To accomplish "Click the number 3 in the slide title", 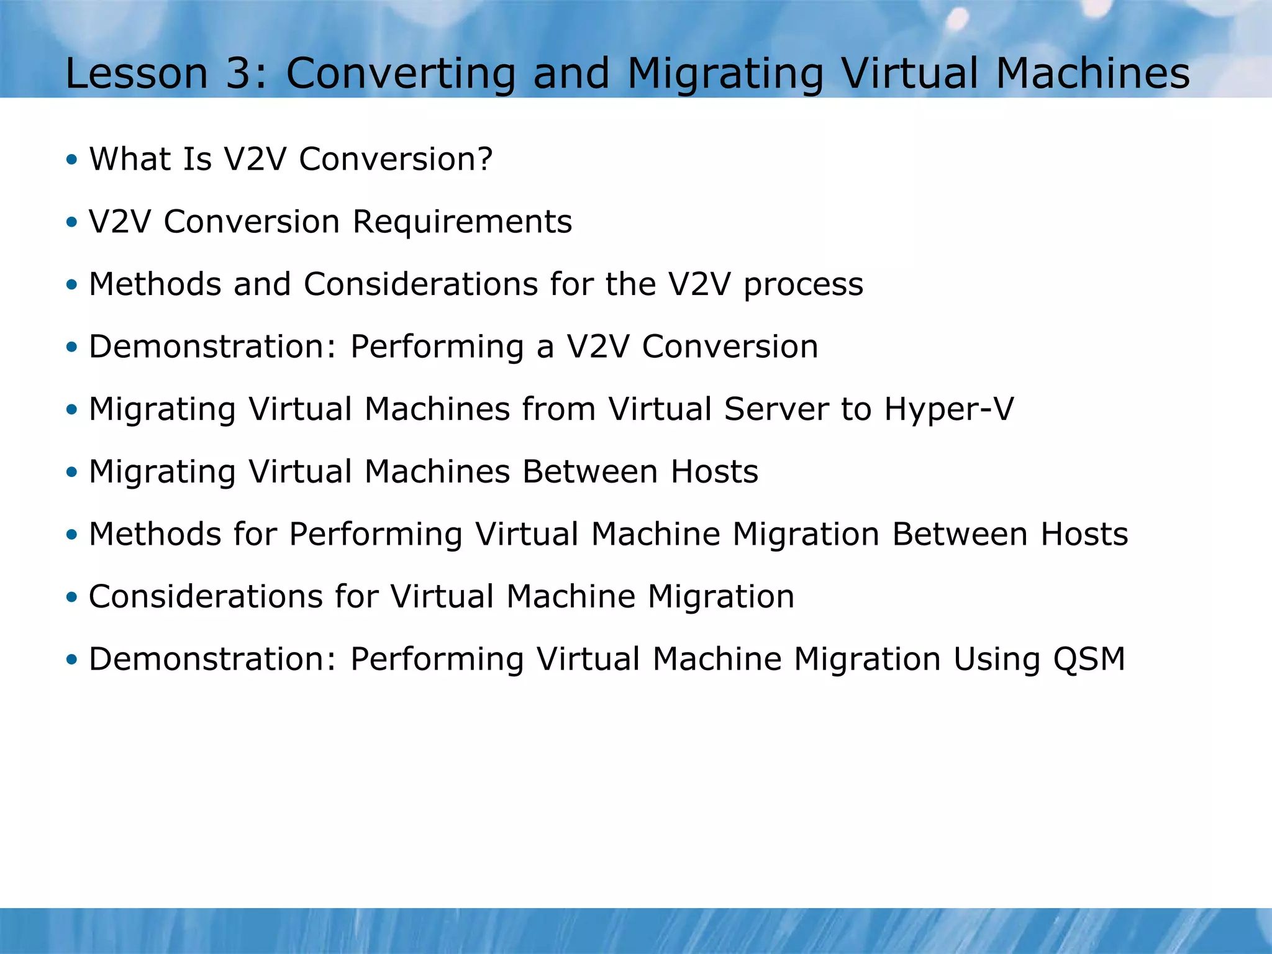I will tap(237, 73).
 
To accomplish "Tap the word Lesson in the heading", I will tap(136, 73).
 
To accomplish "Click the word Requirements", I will tap(462, 222).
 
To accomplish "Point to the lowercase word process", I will tap(803, 286).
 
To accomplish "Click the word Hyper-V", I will tap(948, 410).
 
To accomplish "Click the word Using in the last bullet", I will tap(996, 660).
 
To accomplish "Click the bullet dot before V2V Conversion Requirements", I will tap(72, 222).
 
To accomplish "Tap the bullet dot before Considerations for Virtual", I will tap(72, 597).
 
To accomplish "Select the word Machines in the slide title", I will tap(1093, 73).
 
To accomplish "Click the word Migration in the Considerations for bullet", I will tap(720, 597).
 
